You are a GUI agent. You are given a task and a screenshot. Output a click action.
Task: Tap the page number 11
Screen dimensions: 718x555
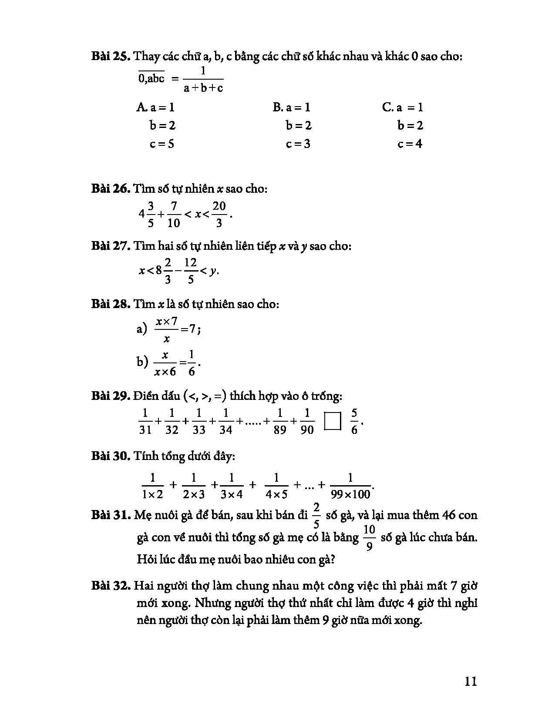pos(471,681)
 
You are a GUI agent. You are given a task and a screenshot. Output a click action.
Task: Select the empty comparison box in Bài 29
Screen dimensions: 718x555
pos(333,421)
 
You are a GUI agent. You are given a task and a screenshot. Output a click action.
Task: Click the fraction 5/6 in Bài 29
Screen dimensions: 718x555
pos(354,421)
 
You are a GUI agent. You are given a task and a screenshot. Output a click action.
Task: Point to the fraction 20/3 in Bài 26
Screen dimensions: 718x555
pos(219,214)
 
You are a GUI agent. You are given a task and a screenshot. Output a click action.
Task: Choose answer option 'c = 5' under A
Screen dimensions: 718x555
pos(162,144)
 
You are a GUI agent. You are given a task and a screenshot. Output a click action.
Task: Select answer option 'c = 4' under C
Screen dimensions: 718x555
pos(410,144)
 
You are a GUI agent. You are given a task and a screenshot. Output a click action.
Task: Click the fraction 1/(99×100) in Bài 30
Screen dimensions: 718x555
pos(350,486)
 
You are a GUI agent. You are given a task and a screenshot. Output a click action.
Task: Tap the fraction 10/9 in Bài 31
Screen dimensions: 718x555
pos(369,538)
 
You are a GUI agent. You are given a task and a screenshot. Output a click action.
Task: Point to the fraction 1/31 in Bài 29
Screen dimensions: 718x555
pos(145,421)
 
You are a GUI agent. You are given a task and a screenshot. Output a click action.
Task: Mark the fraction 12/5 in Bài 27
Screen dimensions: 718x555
pos(191,271)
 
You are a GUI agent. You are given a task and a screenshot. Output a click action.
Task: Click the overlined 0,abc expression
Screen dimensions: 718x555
pos(151,79)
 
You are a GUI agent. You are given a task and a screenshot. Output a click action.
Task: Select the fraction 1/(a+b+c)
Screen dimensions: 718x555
pos(203,79)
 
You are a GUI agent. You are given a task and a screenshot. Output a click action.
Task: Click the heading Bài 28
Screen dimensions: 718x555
pos(111,304)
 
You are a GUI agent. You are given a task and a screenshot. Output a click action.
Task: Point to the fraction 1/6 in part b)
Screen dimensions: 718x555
pos(192,362)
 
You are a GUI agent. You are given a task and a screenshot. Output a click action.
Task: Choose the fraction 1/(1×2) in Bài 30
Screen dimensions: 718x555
pos(152,486)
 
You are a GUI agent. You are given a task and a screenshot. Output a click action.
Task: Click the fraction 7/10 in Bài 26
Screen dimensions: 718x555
pos(173,214)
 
